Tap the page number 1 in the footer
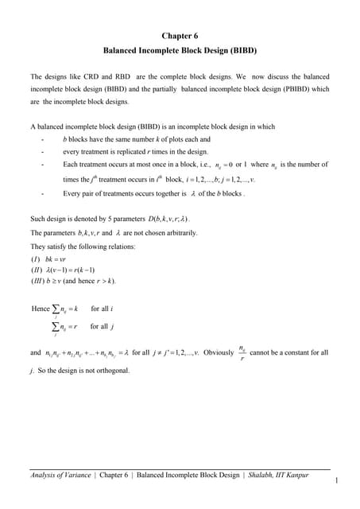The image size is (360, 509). point(338,480)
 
